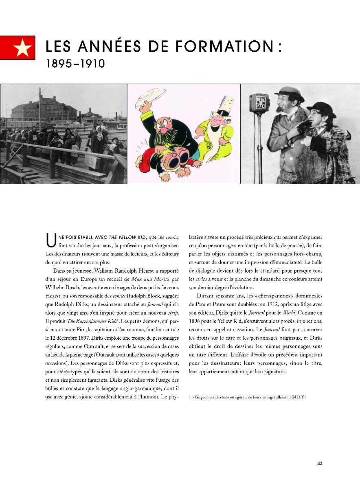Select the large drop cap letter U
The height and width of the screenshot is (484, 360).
[x=50, y=240]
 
